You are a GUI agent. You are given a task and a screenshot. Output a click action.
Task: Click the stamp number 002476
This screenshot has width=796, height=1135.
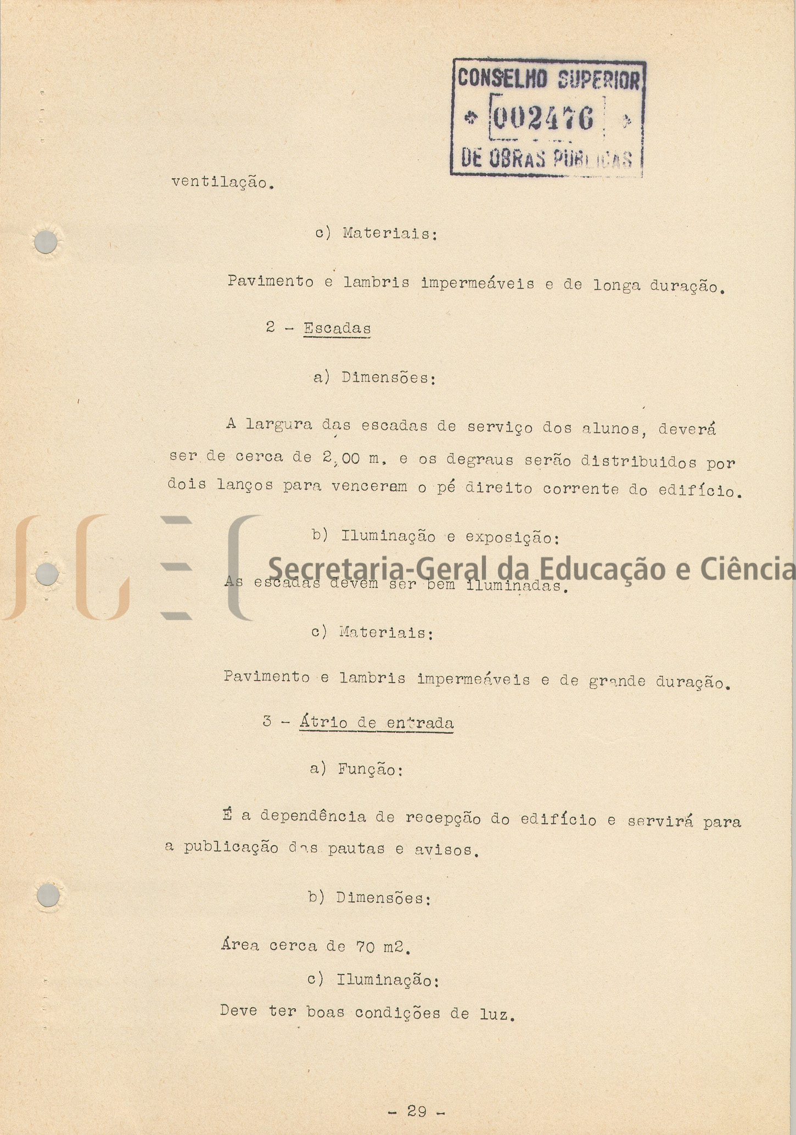[542, 118]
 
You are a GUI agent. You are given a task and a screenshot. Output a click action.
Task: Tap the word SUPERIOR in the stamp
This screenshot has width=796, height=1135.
[598, 80]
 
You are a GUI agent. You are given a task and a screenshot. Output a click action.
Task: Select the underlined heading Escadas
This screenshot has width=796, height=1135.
[337, 328]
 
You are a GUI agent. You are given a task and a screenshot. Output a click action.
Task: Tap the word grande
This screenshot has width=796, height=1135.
[616, 681]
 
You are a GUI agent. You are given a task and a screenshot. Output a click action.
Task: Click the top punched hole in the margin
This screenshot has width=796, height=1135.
[46, 242]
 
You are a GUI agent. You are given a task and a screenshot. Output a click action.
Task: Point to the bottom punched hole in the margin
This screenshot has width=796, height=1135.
[48, 896]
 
